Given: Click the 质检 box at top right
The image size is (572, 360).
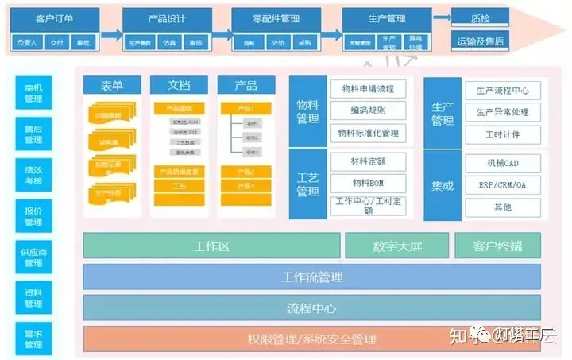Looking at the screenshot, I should (481, 17).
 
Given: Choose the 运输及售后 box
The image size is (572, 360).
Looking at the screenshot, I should (481, 41).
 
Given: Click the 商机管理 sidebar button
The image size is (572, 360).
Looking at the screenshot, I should (33, 93).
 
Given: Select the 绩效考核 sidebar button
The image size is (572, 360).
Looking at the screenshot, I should (33, 176).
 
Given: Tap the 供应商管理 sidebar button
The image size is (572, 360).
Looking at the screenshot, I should (33, 257).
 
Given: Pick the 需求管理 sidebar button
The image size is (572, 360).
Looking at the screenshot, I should (33, 339).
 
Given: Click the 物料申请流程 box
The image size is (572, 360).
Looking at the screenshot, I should (368, 89).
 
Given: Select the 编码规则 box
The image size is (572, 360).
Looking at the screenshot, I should (368, 111).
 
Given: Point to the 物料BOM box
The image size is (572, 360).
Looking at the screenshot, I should (368, 183).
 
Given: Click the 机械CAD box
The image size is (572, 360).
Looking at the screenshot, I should (502, 163).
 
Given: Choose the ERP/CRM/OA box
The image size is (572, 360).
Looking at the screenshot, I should (502, 185).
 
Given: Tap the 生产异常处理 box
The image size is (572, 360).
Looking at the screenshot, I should (502, 112).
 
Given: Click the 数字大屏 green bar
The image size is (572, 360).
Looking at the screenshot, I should (397, 246).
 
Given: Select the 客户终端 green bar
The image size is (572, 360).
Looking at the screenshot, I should (497, 246).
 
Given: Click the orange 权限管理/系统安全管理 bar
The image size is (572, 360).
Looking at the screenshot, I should (311, 339).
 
